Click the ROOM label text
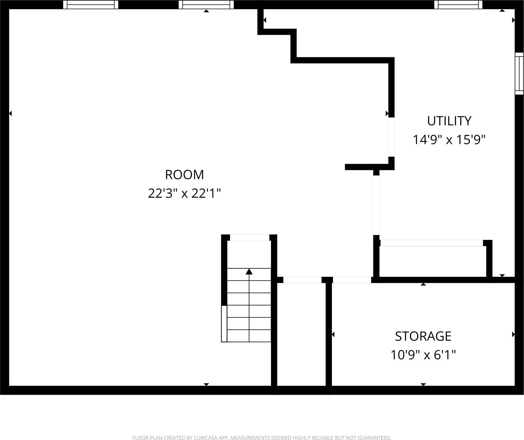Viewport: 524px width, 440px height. click(184, 174)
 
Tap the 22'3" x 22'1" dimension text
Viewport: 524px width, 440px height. click(184, 193)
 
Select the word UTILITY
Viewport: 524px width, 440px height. click(449, 121)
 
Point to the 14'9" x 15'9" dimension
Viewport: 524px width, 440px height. click(449, 140)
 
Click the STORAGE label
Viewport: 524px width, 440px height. click(423, 336)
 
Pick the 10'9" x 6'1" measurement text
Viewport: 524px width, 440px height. click(423, 355)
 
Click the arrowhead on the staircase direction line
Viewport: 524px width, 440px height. click(249, 271)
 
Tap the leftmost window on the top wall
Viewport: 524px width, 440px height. click(91, 5)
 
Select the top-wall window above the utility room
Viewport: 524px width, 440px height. click(458, 5)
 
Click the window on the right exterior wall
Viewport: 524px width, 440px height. click(519, 74)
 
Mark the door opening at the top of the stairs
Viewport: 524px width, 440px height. click(250, 237)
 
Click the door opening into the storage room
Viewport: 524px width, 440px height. click(352, 280)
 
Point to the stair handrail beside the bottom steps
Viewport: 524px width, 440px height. click(224, 324)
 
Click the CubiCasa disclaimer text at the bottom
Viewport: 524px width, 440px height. click(262, 438)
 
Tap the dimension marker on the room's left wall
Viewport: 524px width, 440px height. click(10, 113)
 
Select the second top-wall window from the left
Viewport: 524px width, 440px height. click(206, 5)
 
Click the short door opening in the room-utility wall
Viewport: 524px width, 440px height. click(391, 137)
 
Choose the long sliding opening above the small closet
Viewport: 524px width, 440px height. click(431, 243)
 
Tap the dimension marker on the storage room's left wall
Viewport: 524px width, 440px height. click(333, 334)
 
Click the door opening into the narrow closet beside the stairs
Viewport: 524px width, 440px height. click(302, 280)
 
